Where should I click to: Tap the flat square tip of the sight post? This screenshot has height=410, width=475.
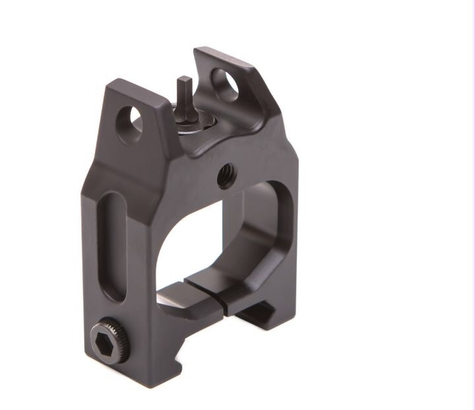pyautogui.click(x=185, y=80)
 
